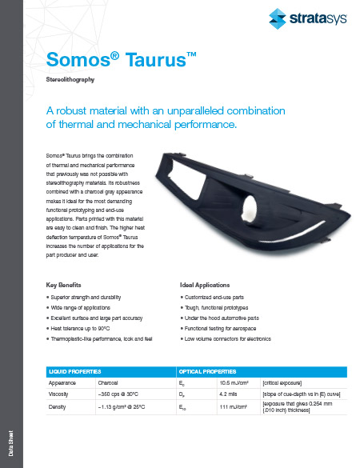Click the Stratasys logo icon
pyautogui.click(x=278, y=18)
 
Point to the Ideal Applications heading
pyautogui.click(x=206, y=284)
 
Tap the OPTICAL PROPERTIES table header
pyautogui.click(x=210, y=371)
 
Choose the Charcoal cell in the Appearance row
pyautogui.click(x=108, y=383)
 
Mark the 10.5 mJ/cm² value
pyautogui.click(x=235, y=383)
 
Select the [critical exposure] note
pyautogui.click(x=285, y=383)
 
